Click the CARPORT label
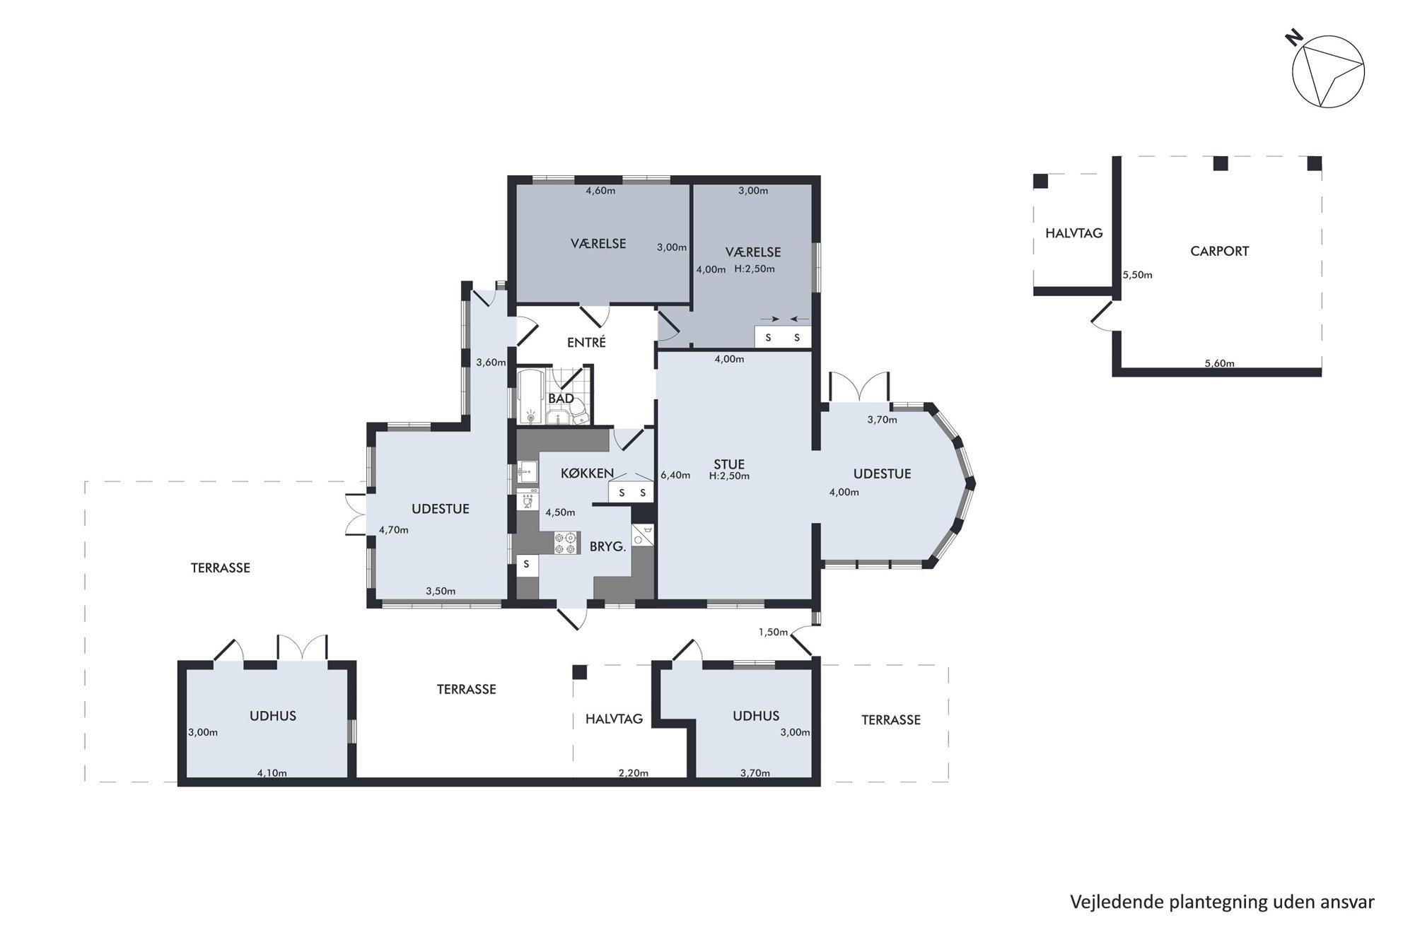pos(1219,251)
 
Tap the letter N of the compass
pos(1294,38)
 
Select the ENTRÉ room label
pos(586,343)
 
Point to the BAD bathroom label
pos(561,399)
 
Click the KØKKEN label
pos(587,474)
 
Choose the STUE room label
pos(729,464)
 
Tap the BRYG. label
pos(608,546)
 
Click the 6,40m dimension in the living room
pos(675,475)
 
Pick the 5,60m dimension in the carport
pos(1219,364)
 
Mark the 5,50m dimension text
pos(1138,275)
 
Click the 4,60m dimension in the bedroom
pos(600,191)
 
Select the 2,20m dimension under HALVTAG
pos(634,773)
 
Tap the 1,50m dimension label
pos(773,632)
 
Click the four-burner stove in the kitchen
pos(566,543)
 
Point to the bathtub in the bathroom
pos(530,397)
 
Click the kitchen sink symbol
pos(527,471)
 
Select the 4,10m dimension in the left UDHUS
pos(272,773)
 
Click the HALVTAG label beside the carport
pos(1073,233)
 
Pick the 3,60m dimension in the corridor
pos(491,363)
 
